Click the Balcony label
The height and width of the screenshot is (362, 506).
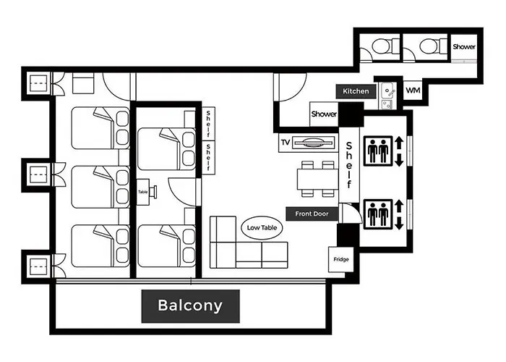coord(190,306)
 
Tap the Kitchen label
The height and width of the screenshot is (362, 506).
coord(356,91)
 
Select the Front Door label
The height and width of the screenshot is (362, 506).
coord(312,214)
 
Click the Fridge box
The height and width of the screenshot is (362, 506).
coord(340,259)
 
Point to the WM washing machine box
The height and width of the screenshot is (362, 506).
coord(413,90)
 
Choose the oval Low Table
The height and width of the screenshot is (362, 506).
coord(262,228)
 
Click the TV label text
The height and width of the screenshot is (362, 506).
coord(286,142)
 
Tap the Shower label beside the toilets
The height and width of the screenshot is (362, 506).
coord(464,47)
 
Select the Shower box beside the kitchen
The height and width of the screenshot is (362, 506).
coord(324,114)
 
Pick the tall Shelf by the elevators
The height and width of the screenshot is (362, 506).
coord(349,165)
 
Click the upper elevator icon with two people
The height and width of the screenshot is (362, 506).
coord(378,151)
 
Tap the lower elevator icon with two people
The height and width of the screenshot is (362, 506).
coord(378,214)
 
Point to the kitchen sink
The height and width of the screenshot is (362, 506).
coord(387,90)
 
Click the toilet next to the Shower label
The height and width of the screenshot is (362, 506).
coord(429,47)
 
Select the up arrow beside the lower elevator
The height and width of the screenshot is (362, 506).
coord(399,206)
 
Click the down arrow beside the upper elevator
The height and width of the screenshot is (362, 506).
coord(399,160)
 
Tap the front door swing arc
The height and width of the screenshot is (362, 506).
coord(355,211)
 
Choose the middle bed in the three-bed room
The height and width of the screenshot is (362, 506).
coord(100,187)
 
